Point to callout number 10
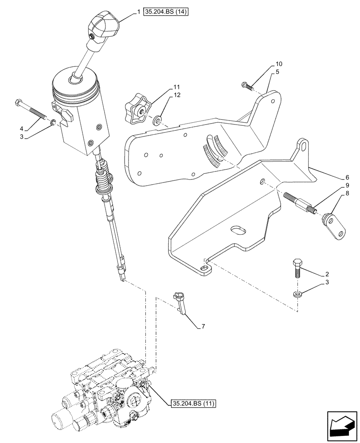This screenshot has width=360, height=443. click(x=279, y=64)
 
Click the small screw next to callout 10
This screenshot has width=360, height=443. click(x=247, y=85)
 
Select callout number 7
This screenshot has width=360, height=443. click(x=203, y=327)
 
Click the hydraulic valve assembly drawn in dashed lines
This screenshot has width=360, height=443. click(x=111, y=394)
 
